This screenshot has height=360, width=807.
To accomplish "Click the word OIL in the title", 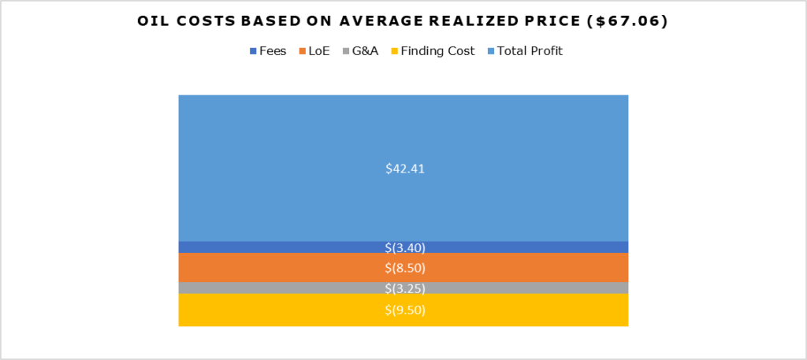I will [154, 22].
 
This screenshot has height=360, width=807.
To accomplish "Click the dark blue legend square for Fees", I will [253, 51].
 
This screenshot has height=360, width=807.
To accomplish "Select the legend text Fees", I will [273, 51].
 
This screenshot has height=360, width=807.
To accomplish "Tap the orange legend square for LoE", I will [302, 51].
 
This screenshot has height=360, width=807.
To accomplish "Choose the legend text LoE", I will [319, 51].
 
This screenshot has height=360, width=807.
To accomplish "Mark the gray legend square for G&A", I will [346, 51].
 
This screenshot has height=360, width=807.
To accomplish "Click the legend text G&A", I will [366, 51].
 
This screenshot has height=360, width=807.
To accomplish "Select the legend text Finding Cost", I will [437, 51].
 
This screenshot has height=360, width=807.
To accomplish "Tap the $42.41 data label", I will [403, 168].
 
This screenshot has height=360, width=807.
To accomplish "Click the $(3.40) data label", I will [403, 247].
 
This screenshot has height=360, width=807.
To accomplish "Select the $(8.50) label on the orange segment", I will [403, 268].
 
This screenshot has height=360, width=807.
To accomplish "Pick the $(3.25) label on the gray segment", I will [403, 288].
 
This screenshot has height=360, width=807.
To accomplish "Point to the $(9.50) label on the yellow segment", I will [403, 310].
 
